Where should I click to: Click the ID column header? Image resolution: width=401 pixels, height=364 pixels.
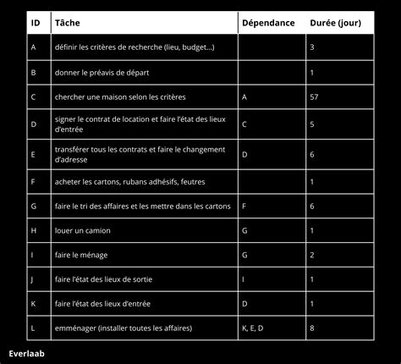click(35, 23)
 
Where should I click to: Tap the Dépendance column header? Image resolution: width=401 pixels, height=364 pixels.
click(267, 23)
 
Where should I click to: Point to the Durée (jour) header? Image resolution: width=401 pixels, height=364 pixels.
click(336, 23)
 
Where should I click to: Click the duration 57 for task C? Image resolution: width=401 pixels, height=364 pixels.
click(314, 97)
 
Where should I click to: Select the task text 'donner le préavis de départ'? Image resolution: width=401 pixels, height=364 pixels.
click(100, 73)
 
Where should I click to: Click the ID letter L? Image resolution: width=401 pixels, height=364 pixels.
click(32, 327)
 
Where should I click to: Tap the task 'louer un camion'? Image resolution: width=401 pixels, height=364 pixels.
click(82, 229)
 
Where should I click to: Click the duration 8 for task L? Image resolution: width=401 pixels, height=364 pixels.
click(312, 327)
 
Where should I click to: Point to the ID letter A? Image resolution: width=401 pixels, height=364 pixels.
click(32, 47)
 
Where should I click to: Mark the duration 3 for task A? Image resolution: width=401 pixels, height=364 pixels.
click(312, 47)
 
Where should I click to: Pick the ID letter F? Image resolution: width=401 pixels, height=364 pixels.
click(32, 181)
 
